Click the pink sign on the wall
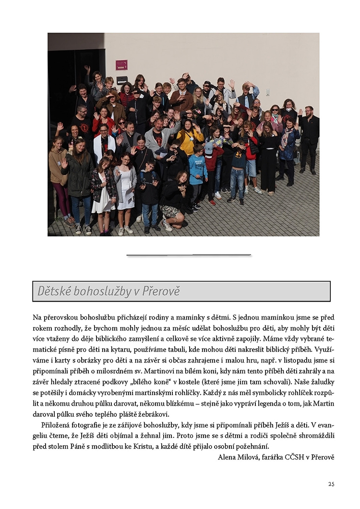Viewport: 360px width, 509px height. coord(121,65)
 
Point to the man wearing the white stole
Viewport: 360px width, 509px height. coord(104,144)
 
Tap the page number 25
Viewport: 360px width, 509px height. coord(331,484)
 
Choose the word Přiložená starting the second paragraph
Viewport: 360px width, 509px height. coord(56,425)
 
